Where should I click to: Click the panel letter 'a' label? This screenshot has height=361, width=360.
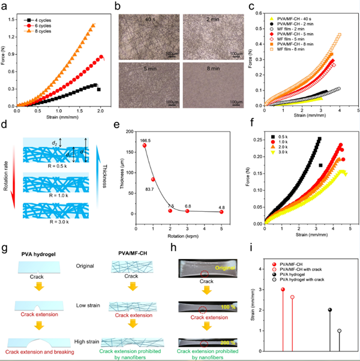pos(4,5)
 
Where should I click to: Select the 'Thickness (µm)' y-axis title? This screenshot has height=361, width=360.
pos(127,179)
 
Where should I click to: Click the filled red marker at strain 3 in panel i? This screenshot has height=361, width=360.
pos(283,289)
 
